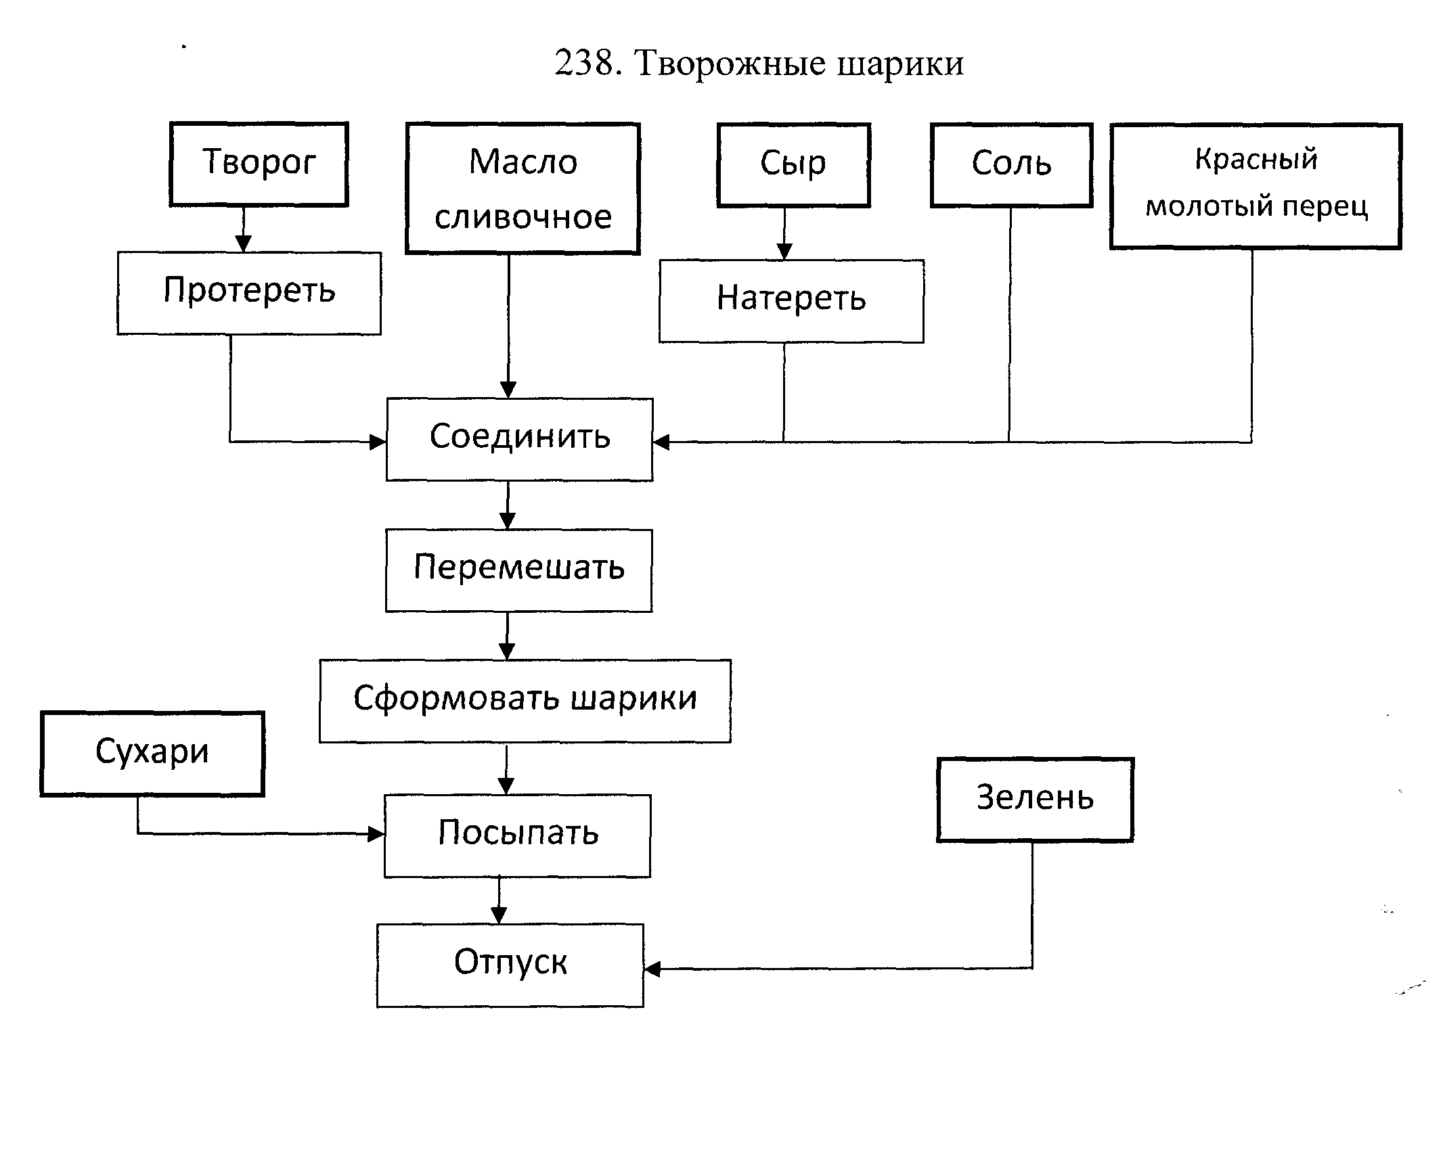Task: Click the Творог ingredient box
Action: click(x=259, y=164)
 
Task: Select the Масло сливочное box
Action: click(x=523, y=189)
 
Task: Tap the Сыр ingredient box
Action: click(x=793, y=165)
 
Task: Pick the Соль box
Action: click(x=1011, y=165)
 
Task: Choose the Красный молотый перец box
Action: click(x=1255, y=186)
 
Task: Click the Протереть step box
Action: click(x=249, y=293)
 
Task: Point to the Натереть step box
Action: click(x=791, y=301)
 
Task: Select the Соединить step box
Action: click(x=519, y=439)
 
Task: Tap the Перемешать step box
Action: click(x=518, y=570)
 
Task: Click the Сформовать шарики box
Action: click(x=525, y=701)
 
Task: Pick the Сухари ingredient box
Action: click(x=152, y=754)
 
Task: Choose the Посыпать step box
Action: click(x=517, y=835)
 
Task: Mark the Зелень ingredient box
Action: click(x=1035, y=800)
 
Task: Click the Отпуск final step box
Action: click(x=510, y=965)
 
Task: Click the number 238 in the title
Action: click(x=583, y=64)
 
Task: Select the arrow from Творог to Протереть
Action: click(x=244, y=229)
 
